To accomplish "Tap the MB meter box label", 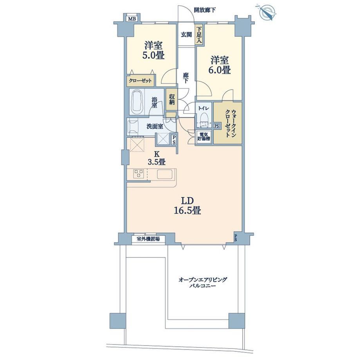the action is pos(132,19).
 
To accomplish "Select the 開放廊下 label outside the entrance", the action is pos(205,10).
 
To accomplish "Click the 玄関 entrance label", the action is pos(186,35).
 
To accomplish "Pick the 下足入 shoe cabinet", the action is pos(199,35).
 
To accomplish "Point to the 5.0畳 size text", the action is pos(153,55).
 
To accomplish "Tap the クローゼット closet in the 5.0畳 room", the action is pos(140,81).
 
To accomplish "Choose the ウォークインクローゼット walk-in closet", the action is pos(228,123).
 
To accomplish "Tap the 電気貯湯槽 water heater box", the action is pos(203,137).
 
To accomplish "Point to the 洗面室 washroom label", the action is pos(155,126).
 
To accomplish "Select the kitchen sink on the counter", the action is pos(165,174).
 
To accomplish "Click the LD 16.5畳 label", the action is pos(187,206).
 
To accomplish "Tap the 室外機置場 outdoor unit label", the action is pos(148,239).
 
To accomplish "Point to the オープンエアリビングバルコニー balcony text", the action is pos(203,283).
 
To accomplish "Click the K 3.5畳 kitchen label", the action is pos(157,157).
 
